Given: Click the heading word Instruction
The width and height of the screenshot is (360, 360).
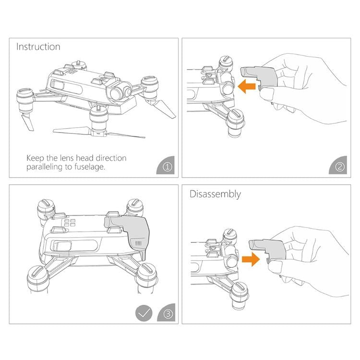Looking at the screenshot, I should click(38, 47).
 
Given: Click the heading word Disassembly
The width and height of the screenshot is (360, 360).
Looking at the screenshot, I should click(215, 194).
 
